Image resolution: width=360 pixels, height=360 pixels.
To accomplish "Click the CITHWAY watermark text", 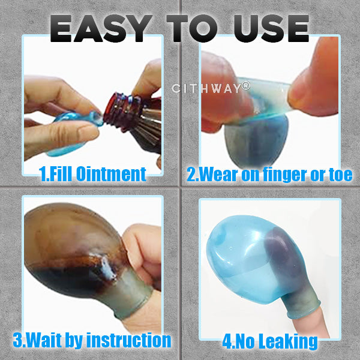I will (x=207, y=88).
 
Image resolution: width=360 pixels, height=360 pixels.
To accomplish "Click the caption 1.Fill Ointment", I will (x=92, y=175).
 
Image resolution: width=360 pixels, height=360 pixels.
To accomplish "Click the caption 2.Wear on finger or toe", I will (x=269, y=175).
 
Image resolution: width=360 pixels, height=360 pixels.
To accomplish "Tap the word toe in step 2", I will (x=340, y=175).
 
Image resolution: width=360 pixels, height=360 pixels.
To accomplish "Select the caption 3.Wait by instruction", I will (x=92, y=341).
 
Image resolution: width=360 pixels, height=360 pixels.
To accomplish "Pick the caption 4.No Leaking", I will (x=269, y=341).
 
